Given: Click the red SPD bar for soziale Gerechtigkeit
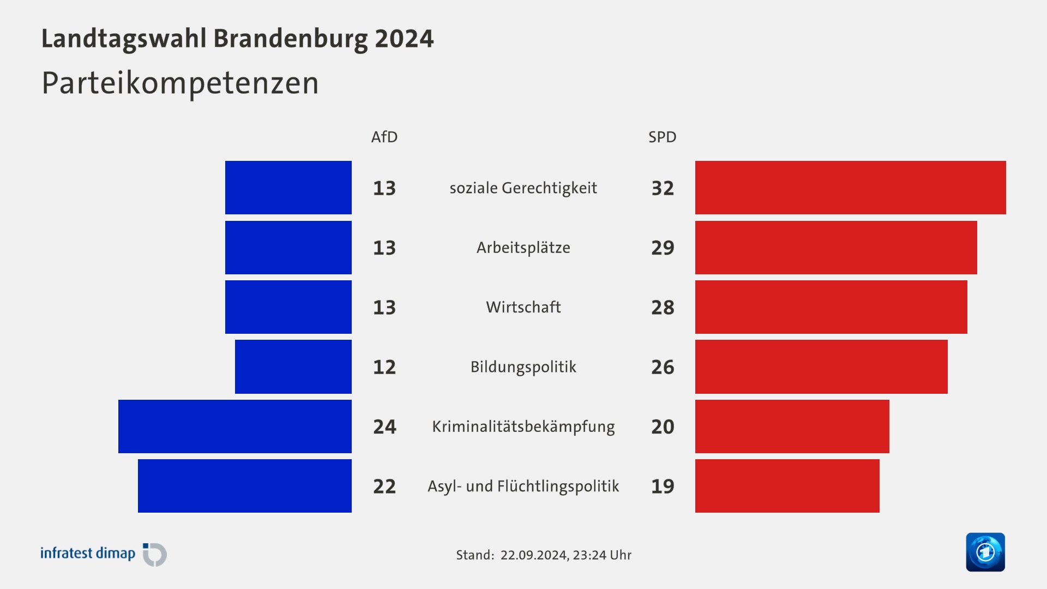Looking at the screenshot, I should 850,188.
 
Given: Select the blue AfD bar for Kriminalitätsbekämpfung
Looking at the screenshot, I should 234,426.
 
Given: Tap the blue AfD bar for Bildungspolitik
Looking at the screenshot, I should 293,366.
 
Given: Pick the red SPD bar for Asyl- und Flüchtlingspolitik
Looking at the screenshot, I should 787,485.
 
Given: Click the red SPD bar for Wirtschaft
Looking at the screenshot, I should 831,307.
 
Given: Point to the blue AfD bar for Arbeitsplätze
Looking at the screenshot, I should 288,247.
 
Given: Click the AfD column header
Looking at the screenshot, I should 384,137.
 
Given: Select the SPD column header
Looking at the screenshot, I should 662,137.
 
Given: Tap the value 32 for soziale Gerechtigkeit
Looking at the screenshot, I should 663,188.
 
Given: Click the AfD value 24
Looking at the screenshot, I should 384,426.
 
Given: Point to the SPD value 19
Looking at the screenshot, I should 663,486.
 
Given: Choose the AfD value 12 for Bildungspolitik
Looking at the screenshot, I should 384,367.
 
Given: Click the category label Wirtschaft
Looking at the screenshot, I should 523,307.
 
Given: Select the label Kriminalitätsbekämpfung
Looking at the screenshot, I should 523,426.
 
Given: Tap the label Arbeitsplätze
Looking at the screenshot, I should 523,248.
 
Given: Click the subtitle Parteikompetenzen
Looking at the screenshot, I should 180,83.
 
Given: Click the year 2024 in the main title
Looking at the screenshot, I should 404,39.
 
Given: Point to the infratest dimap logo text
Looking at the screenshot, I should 88,554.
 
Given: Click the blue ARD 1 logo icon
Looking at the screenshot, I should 985,552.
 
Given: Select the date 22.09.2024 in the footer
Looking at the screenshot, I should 533,555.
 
